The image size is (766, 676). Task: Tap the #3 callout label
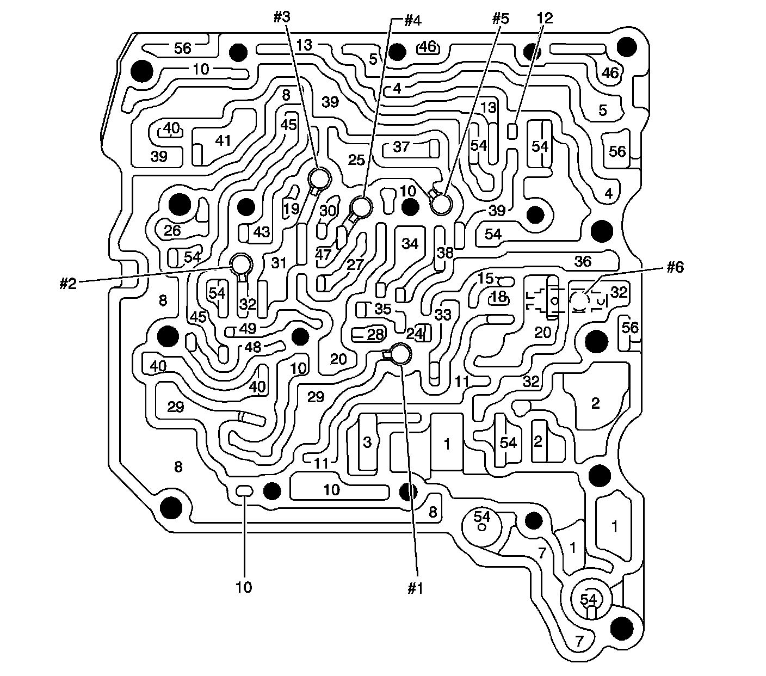(282, 17)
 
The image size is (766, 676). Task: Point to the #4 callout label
(412, 21)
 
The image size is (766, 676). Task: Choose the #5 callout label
(500, 18)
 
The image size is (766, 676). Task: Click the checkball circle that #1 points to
(401, 354)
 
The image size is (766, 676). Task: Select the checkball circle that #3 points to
(319, 177)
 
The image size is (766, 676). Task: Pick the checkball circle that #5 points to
(441, 204)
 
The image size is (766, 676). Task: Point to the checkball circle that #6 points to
(580, 300)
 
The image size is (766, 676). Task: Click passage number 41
(223, 140)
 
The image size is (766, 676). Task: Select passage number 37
(401, 147)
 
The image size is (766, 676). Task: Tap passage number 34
(410, 243)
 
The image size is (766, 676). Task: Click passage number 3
(367, 442)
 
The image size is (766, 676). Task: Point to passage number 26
(172, 230)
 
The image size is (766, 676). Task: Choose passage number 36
(583, 261)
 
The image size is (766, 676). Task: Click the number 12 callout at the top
(544, 18)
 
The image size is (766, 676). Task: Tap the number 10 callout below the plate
(244, 588)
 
